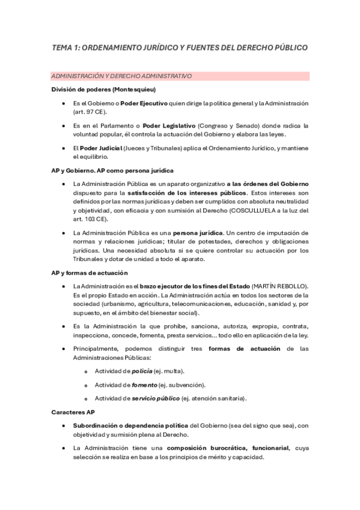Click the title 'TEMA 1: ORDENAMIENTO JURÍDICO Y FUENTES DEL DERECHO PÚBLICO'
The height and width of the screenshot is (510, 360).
180,47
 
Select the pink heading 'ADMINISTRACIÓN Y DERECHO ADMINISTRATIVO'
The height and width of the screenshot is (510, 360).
121,76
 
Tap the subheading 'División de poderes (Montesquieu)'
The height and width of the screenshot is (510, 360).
104,90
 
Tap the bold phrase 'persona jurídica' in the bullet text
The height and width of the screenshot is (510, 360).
198,233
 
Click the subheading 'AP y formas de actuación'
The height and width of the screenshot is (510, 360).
90,273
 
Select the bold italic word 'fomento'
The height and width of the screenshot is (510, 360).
145,384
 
